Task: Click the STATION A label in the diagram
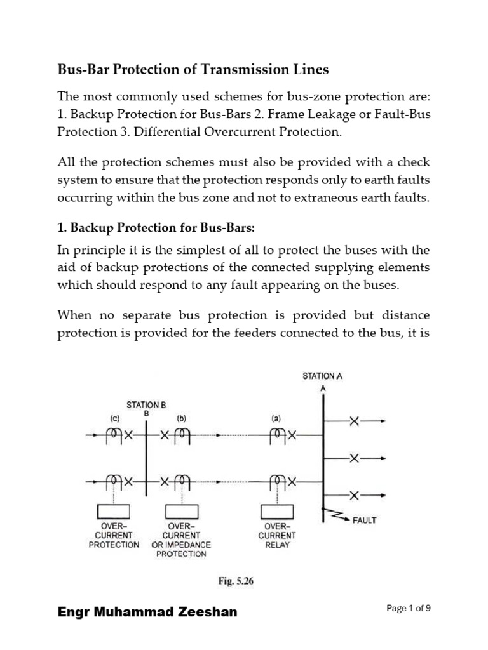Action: pos(322,376)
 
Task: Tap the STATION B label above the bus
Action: pos(146,404)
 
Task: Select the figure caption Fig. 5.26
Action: pos(236,580)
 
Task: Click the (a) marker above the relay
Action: pos(277,418)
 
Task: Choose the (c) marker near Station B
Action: pos(114,418)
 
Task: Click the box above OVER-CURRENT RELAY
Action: pos(277,512)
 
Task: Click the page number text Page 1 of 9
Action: pos(409,608)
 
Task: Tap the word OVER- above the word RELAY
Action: pos(277,526)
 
